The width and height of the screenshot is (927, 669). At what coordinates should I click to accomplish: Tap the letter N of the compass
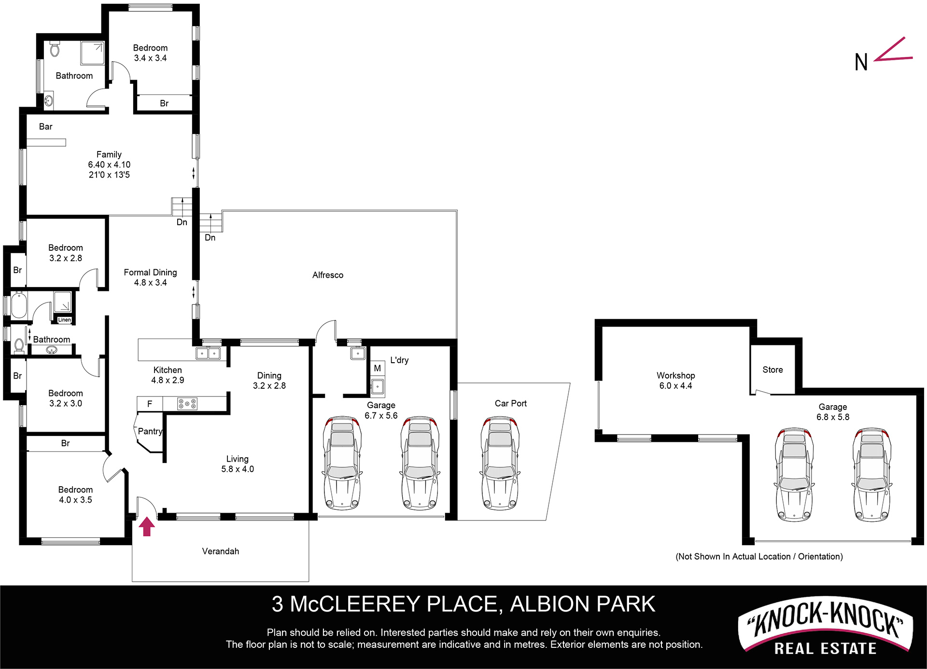click(x=861, y=62)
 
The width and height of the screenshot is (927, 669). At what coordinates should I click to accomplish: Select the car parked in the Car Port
click(x=500, y=464)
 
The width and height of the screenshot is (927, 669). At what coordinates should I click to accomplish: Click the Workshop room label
click(x=675, y=375)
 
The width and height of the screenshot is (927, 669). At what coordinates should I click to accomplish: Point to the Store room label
click(x=772, y=369)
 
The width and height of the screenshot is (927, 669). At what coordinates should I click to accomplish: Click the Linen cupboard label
click(x=64, y=320)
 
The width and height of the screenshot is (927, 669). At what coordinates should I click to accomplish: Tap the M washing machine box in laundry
click(x=377, y=369)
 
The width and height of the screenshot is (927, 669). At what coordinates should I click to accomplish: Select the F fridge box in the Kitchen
click(x=150, y=404)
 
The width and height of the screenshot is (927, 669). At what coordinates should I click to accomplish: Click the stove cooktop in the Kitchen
click(x=187, y=403)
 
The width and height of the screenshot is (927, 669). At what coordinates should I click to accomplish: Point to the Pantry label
click(x=150, y=431)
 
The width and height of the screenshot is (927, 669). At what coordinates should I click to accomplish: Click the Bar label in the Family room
click(x=45, y=126)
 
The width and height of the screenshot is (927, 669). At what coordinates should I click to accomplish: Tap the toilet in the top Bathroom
click(x=55, y=49)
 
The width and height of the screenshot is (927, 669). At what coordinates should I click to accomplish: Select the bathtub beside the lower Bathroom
click(x=19, y=304)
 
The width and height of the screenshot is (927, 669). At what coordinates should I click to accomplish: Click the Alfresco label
click(x=328, y=275)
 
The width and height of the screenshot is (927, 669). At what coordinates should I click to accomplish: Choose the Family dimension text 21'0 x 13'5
click(x=109, y=175)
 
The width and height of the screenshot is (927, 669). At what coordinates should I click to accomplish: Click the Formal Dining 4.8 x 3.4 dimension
click(x=150, y=283)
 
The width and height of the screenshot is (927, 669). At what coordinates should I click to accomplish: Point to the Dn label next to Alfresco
click(x=210, y=237)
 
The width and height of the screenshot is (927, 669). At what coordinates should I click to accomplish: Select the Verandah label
click(x=221, y=551)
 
